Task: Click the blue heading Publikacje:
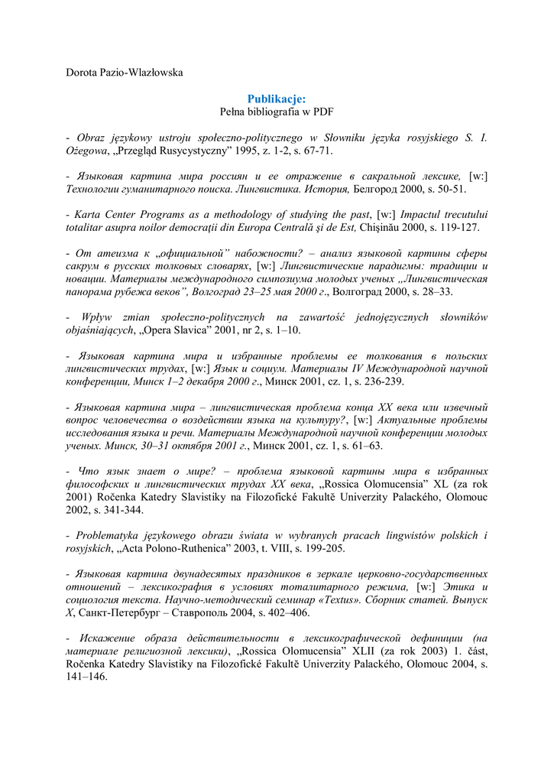[x=277, y=99]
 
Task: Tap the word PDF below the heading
[x=323, y=112]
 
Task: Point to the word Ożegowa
[x=87, y=151]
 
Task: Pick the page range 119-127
[x=459, y=227]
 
